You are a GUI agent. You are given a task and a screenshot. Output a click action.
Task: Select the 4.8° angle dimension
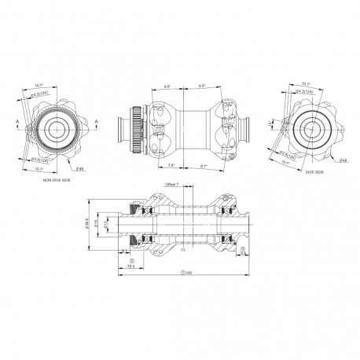(x=167, y=86)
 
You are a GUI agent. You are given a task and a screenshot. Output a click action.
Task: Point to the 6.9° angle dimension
(x=202, y=86)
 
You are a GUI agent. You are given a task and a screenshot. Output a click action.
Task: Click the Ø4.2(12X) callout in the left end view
(x=46, y=94)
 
